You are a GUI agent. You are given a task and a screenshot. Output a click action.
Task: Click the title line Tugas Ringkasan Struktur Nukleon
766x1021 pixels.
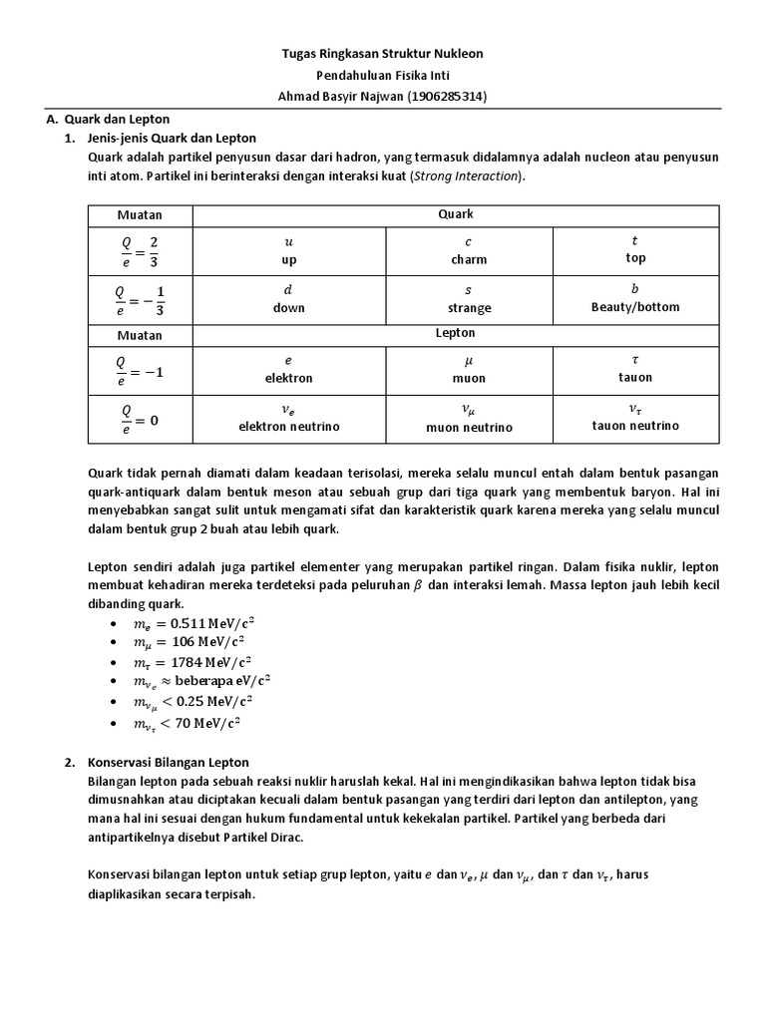pos(383,54)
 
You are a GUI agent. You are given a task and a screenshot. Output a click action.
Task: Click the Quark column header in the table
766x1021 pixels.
pos(455,214)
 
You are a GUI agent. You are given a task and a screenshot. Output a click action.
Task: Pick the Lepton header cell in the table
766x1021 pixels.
pos(455,333)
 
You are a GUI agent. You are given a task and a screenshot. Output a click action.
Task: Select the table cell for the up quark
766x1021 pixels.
pos(289,251)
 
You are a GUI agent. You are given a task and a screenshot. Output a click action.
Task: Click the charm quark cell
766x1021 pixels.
pos(469,251)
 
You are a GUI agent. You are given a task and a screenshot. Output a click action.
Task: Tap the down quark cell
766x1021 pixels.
pos(289,299)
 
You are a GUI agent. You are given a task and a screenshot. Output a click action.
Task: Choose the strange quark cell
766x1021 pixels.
pos(469,299)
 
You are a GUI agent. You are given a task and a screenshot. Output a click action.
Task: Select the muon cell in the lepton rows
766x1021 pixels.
pos(469,369)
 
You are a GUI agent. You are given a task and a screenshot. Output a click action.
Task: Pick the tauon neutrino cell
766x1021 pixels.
pos(635,417)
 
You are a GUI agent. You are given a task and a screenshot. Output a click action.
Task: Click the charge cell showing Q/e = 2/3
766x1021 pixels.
pos(141,251)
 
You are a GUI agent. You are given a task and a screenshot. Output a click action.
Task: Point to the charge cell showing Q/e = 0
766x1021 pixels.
pos(141,418)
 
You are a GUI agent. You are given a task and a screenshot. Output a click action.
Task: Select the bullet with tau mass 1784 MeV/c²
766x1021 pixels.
pos(193,662)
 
